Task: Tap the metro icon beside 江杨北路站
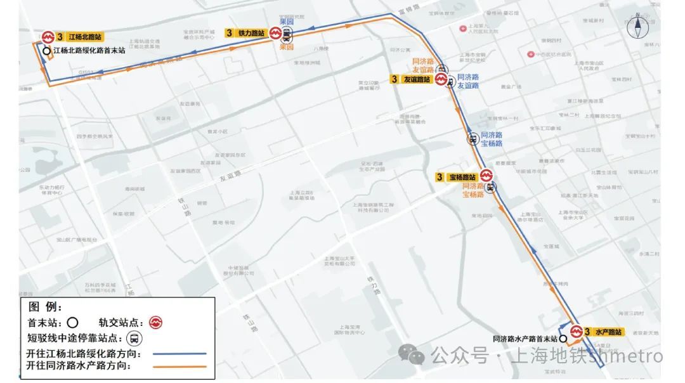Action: [48, 37]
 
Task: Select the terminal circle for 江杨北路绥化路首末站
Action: [46, 51]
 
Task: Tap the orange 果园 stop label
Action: [287, 47]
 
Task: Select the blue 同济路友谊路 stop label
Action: [468, 81]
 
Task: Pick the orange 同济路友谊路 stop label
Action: [423, 65]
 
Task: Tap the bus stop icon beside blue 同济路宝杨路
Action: [473, 139]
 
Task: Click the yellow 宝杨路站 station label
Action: [458, 177]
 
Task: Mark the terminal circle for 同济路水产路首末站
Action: [563, 339]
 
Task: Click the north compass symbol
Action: [636, 28]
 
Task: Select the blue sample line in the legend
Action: [179, 354]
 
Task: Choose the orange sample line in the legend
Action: [179, 367]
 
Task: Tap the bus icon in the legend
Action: [134, 338]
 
